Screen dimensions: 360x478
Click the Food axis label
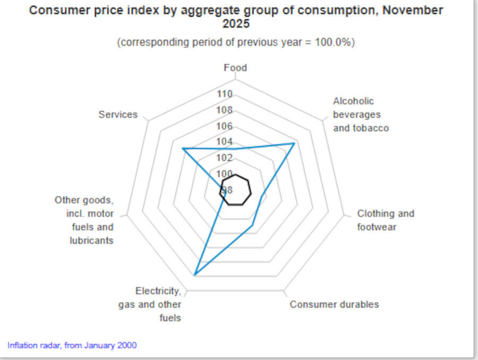point(235,68)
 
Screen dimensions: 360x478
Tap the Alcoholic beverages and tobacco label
point(361,115)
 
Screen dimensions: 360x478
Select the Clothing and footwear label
point(385,220)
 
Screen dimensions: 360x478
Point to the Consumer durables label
point(334,304)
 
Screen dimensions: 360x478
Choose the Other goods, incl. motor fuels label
point(84,220)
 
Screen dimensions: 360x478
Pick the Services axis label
point(118,115)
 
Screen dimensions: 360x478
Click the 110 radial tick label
point(225,95)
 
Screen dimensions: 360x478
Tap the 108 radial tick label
point(225,110)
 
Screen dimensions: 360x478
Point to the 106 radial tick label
point(225,126)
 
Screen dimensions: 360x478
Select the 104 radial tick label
point(225,142)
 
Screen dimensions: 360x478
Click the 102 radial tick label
point(225,158)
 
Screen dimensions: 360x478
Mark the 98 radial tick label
point(227,190)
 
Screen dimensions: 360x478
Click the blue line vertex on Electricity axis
point(195,275)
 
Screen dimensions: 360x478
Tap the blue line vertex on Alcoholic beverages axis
point(294,143)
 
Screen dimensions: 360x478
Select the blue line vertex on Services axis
point(183,149)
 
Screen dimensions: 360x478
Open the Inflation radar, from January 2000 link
point(72,345)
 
